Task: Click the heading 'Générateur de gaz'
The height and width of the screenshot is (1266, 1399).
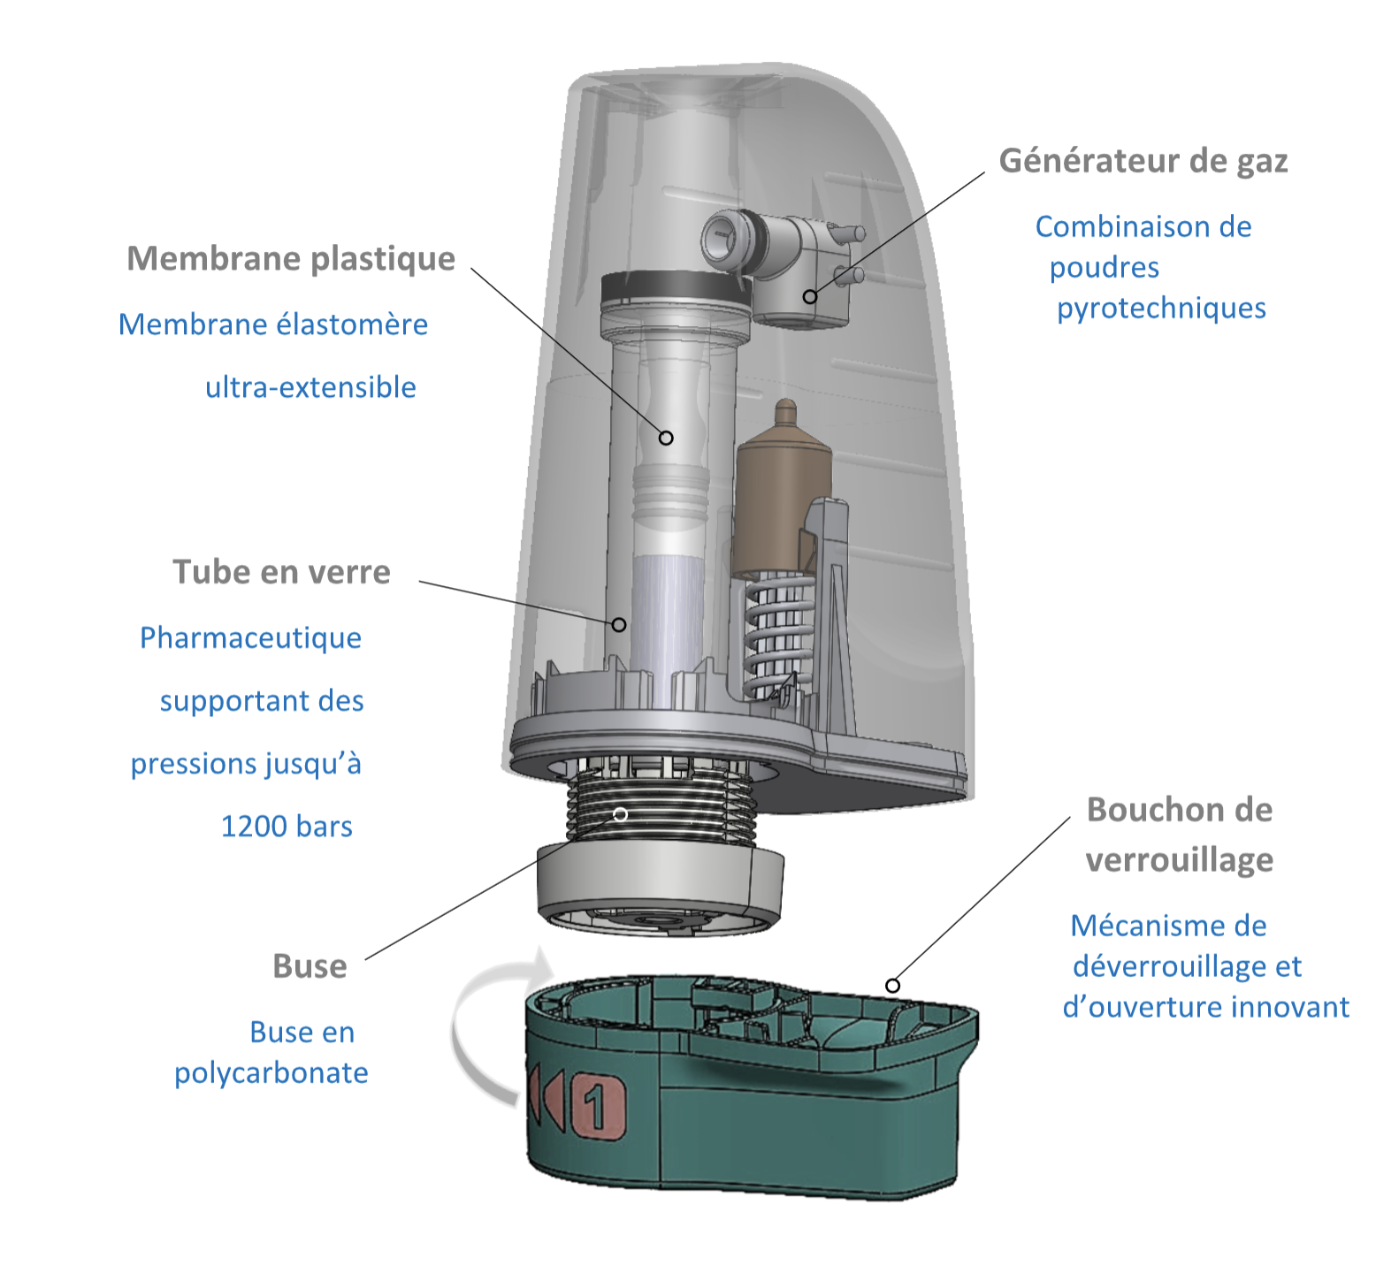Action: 1143,161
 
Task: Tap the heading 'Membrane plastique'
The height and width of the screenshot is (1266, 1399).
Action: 291,258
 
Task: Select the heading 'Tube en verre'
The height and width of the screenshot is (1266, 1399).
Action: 281,572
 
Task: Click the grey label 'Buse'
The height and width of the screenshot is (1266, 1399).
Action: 310,966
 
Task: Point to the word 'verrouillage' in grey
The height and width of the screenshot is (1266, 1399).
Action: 1179,859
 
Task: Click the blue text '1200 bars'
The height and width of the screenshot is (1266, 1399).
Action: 287,827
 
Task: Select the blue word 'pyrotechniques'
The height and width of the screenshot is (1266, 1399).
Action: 1161,308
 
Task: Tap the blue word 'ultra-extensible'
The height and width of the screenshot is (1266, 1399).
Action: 310,387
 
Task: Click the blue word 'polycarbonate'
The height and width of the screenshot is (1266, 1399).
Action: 271,1072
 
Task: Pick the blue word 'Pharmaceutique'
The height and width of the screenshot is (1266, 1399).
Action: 250,637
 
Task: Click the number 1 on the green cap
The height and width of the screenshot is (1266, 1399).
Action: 598,1106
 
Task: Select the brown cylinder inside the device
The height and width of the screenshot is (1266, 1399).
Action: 783,495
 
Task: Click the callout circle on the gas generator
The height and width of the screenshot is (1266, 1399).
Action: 809,296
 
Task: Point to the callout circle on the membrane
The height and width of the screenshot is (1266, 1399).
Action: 666,438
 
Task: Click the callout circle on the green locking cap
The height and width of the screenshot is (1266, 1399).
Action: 892,985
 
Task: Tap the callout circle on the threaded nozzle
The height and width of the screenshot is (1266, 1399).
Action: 620,813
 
